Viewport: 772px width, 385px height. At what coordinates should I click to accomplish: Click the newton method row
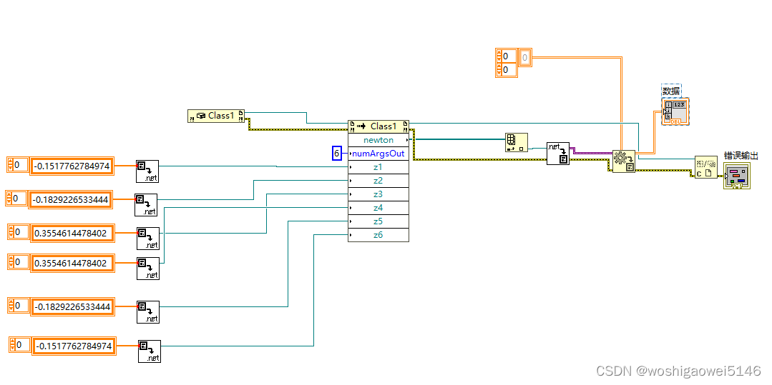pyautogui.click(x=378, y=140)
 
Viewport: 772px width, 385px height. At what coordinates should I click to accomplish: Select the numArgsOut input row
pyautogui.click(x=378, y=154)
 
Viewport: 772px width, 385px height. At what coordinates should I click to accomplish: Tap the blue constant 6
pyautogui.click(x=337, y=154)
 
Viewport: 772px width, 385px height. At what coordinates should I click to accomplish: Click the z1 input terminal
pyautogui.click(x=378, y=167)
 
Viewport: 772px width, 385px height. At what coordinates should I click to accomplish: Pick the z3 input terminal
pyautogui.click(x=378, y=194)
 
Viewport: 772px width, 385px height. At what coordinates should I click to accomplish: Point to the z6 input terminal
pyautogui.click(x=378, y=235)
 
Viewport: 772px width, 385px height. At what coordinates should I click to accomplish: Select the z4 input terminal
pyautogui.click(x=378, y=208)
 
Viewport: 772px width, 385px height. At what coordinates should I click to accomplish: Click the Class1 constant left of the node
pyautogui.click(x=216, y=116)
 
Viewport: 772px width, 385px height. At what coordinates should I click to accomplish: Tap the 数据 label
pyautogui.click(x=671, y=91)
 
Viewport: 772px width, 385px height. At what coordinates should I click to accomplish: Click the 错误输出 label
pyautogui.click(x=740, y=156)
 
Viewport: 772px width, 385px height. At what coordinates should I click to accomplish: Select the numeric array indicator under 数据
pyautogui.click(x=675, y=113)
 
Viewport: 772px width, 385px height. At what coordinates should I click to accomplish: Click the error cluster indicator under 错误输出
pyautogui.click(x=737, y=176)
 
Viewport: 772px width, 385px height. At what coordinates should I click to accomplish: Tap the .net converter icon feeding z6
pyautogui.click(x=150, y=351)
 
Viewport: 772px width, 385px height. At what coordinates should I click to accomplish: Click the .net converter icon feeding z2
pyautogui.click(x=146, y=205)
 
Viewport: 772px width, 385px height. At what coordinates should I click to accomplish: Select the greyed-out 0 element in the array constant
pyautogui.click(x=525, y=56)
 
